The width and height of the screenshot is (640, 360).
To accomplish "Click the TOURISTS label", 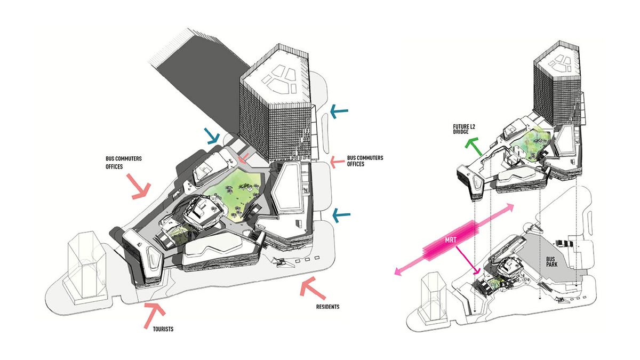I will pos(159,329).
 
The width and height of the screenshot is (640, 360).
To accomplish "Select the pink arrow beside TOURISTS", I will pos(154,314).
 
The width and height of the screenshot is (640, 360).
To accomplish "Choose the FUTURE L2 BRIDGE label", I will pos(462,131).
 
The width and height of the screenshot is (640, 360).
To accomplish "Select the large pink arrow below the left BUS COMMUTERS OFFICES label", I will pos(140,187).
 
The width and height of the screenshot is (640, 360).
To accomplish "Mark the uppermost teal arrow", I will pos(338,111).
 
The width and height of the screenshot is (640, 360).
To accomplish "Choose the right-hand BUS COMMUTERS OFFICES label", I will pos(365,161).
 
